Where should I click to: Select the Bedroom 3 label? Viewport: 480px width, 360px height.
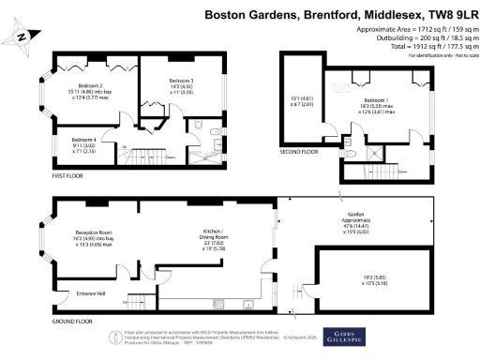(x=182, y=82)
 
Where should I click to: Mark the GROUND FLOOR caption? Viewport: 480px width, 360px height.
(x=45, y=322)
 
